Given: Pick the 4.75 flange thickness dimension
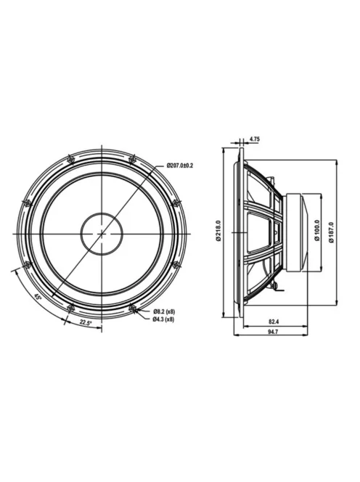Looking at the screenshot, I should point(255,138).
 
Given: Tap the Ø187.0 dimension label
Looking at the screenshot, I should point(331,232).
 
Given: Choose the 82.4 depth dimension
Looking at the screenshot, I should point(274,320).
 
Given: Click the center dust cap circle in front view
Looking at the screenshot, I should point(102,233).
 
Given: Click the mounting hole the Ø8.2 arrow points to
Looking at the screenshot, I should point(133,309).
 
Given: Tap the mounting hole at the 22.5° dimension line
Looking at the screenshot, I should point(70,309).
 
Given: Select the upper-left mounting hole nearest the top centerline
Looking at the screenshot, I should point(70,158).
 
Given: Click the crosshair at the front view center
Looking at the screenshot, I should point(102,233).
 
